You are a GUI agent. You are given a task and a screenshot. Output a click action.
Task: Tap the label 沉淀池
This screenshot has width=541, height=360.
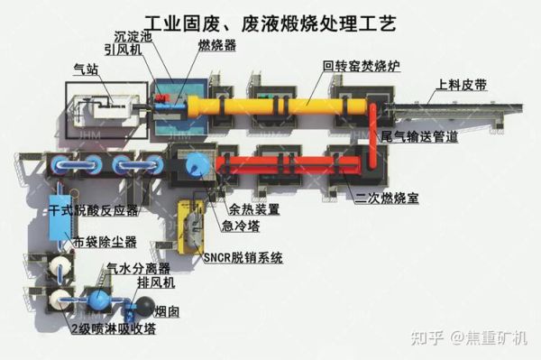click(133, 37)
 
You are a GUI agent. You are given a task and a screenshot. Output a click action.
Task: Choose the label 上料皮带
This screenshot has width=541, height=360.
click(461, 88)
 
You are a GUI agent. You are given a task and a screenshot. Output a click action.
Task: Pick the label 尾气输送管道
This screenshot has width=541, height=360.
click(419, 137)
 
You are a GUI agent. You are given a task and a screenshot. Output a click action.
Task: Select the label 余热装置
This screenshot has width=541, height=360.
click(255, 208)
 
